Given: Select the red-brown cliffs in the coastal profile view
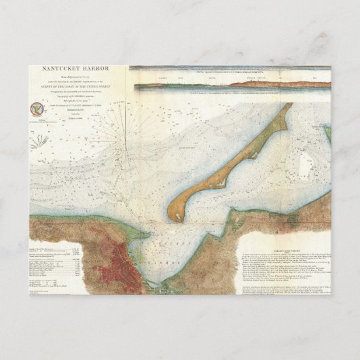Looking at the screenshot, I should (x=272, y=84).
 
